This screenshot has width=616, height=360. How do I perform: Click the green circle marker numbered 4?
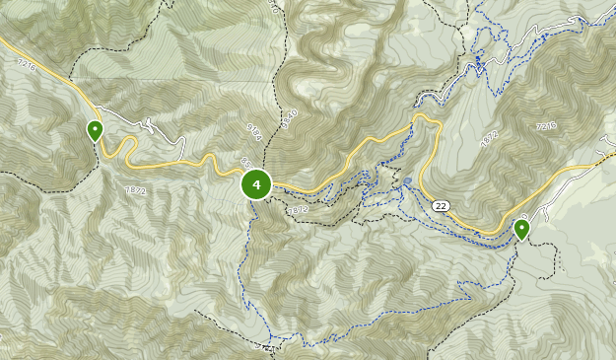(x=256, y=184)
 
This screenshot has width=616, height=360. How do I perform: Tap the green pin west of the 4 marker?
(x=95, y=130)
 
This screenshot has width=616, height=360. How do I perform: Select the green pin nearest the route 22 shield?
(x=521, y=230)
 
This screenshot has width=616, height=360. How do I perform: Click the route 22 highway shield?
(x=440, y=205)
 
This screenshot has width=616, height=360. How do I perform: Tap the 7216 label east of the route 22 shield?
(x=548, y=126)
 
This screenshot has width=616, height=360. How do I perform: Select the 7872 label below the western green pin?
(x=135, y=189)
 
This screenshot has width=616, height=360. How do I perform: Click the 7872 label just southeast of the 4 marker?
(x=298, y=209)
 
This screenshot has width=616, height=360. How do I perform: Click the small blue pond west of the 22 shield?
(x=407, y=181)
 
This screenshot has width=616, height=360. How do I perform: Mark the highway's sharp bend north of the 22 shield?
(x=426, y=118)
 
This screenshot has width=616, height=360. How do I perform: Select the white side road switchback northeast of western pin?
(x=148, y=126)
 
